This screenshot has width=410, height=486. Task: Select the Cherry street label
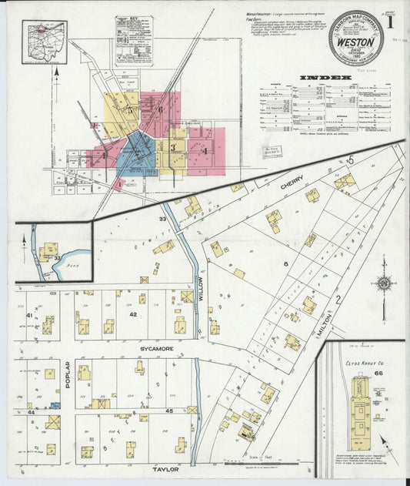[x=292, y=186]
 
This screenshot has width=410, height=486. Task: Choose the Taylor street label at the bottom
[x=165, y=468]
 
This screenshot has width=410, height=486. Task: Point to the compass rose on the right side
[x=382, y=283]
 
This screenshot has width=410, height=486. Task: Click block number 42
[x=132, y=314]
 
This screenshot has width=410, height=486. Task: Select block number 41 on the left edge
[x=30, y=315]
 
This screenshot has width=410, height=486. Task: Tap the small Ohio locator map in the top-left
[x=45, y=42]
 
